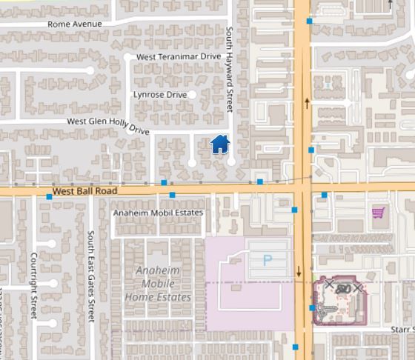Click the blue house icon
click(x=220, y=144)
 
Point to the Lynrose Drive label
click(x=159, y=95)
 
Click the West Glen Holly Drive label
click(x=108, y=124)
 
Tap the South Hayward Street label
click(x=229, y=70)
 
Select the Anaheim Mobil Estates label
click(x=157, y=213)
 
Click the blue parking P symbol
click(x=268, y=259)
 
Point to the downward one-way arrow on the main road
click(x=299, y=271)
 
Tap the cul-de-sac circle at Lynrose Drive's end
click(x=192, y=95)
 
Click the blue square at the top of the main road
click(x=309, y=21)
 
